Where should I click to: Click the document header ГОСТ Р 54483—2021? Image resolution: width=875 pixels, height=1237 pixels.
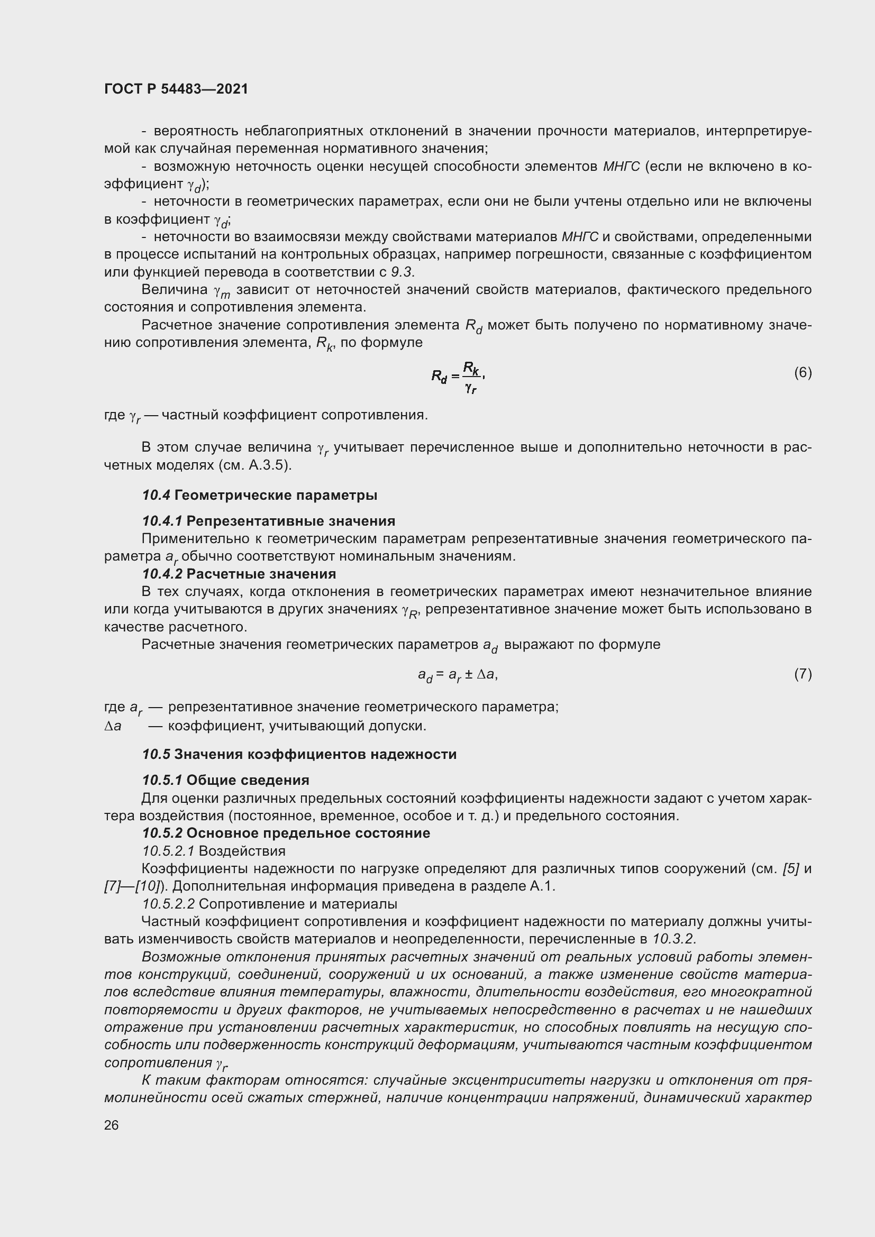[176, 89]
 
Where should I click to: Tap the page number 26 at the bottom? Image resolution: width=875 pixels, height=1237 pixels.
[111, 1125]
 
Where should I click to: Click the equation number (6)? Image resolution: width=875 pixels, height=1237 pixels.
[803, 373]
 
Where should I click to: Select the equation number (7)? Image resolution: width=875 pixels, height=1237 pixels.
[803, 674]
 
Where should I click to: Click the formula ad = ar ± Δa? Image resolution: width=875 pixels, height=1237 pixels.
[458, 675]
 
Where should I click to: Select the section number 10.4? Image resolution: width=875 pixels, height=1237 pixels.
[156, 495]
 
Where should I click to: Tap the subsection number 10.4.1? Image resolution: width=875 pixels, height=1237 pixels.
[162, 521]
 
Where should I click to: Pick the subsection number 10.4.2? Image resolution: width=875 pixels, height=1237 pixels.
[162, 574]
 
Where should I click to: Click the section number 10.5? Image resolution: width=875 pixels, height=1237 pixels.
[156, 754]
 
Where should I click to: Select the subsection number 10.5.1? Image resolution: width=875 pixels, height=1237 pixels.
[162, 780]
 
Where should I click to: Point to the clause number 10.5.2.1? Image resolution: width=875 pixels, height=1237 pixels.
[168, 851]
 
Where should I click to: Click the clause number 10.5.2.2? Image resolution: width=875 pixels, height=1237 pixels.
[168, 903]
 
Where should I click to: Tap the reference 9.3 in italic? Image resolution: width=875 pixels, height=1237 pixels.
[402, 271]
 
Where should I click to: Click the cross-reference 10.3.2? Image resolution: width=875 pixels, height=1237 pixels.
[673, 939]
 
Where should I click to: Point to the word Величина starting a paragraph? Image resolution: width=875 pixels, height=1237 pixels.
[175, 290]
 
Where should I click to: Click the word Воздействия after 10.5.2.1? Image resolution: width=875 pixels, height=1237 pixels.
[242, 851]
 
